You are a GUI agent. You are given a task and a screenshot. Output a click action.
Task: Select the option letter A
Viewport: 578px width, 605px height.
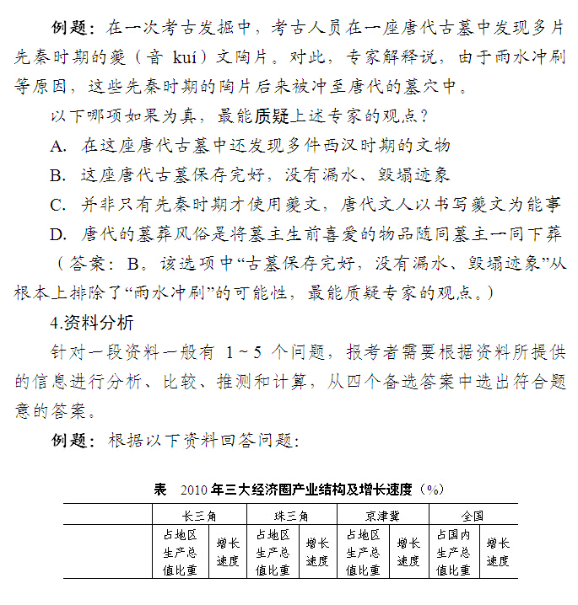pyautogui.click(x=57, y=146)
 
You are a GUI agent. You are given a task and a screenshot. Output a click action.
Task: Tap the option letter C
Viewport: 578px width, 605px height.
pyautogui.click(x=57, y=204)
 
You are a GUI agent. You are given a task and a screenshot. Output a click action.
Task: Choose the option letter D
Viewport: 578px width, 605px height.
pyautogui.click(x=57, y=233)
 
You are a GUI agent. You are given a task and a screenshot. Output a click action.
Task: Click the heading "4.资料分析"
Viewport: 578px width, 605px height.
pyautogui.click(x=91, y=322)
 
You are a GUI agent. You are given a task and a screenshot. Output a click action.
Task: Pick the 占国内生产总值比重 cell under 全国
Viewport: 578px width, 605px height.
pyautogui.click(x=453, y=552)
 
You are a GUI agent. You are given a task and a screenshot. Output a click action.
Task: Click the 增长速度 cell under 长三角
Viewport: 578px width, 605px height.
pyautogui.click(x=228, y=552)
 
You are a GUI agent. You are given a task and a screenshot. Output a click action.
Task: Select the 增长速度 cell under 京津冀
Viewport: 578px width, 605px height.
pyautogui.click(x=408, y=552)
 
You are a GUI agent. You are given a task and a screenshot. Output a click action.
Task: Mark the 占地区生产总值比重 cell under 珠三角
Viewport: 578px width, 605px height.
pyautogui.click(x=272, y=552)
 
